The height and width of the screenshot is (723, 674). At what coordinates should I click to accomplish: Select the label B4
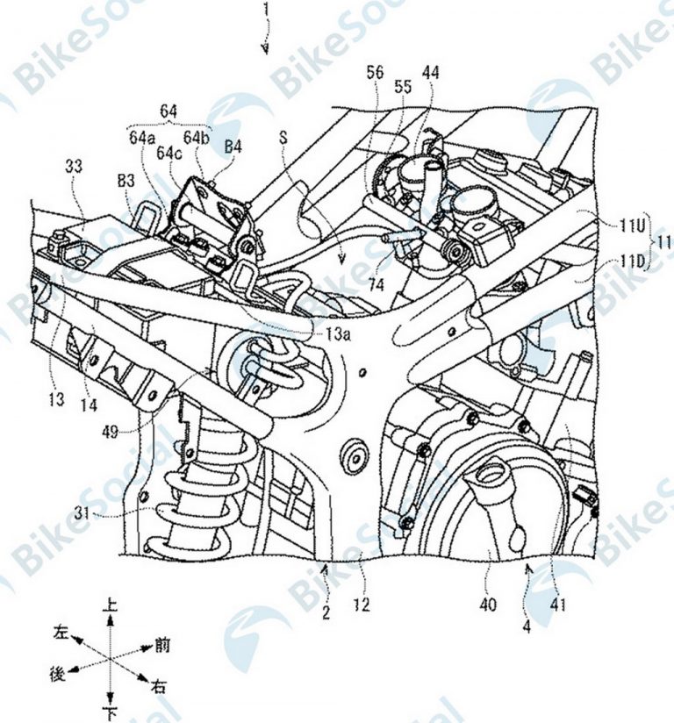click(x=233, y=146)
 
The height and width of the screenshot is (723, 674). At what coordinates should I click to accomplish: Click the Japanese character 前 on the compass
click(x=161, y=646)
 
